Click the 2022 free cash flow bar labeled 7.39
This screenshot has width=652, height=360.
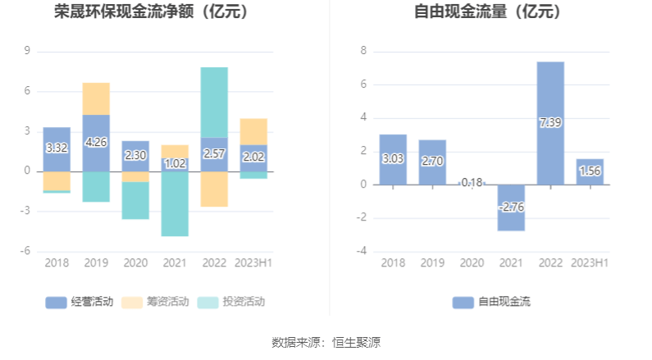pyautogui.click(x=550, y=123)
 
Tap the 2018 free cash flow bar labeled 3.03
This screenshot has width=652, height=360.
pyautogui.click(x=393, y=159)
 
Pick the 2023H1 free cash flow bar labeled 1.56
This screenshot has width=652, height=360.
pyautogui.click(x=590, y=171)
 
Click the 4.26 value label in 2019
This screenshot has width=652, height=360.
pyautogui.click(x=96, y=142)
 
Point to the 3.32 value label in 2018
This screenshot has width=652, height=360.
pyautogui.click(x=57, y=148)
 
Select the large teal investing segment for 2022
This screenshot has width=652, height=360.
pyautogui.click(x=214, y=102)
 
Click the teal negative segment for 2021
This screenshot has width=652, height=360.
pyautogui.click(x=175, y=204)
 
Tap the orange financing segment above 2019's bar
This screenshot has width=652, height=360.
pyautogui.click(x=96, y=98)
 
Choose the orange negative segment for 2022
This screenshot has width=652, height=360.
pyautogui.click(x=214, y=189)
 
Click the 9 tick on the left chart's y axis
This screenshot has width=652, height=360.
pyautogui.click(x=27, y=51)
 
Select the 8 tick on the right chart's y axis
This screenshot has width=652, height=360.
pyautogui.click(x=363, y=51)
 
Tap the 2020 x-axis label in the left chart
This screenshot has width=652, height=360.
pyautogui.click(x=135, y=263)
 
